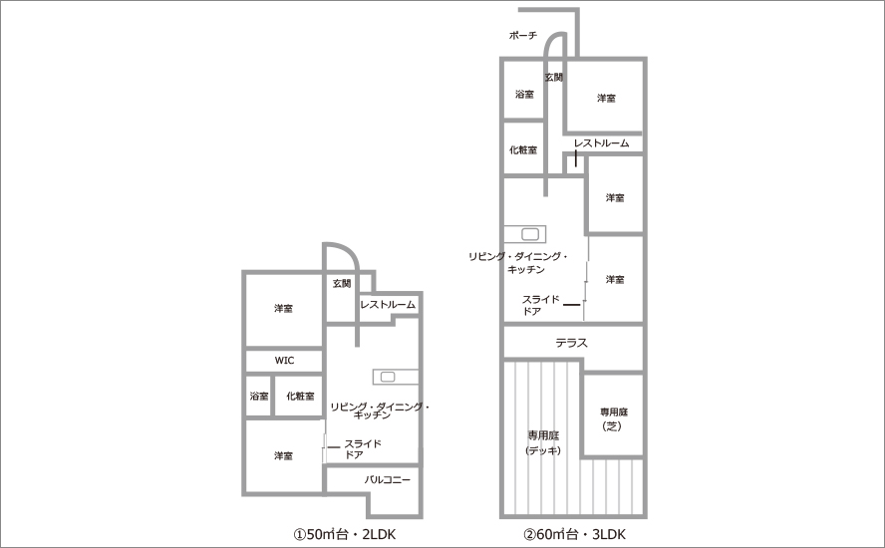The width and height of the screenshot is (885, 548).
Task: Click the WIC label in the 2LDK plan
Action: [284, 361]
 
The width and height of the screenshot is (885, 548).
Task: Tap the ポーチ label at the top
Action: [523, 36]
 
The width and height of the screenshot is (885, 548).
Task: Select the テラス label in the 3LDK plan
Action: [572, 343]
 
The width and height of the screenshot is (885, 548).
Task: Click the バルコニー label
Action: [387, 479]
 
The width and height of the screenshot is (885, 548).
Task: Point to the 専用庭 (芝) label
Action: [614, 419]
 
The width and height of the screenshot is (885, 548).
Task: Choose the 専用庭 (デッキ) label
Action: [543, 442]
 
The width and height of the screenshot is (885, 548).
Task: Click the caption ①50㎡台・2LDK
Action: [344, 534]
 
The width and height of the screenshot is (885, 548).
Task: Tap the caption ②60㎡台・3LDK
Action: [575, 534]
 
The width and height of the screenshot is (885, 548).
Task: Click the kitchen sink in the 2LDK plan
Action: [388, 377]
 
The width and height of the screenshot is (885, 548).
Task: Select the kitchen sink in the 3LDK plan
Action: [530, 234]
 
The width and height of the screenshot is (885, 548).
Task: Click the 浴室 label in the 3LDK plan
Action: [525, 95]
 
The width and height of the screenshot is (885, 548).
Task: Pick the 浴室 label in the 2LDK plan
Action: [259, 397]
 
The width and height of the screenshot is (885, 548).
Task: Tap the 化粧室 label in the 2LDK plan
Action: [300, 397]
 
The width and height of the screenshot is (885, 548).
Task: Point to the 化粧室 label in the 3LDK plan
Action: [523, 150]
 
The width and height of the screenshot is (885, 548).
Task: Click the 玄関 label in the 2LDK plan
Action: [342, 283]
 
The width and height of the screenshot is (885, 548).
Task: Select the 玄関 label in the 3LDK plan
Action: [554, 77]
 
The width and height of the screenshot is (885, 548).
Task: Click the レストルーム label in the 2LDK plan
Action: [388, 305]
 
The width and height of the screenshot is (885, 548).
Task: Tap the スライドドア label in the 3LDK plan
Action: [541, 305]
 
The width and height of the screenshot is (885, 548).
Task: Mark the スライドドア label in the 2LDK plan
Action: [363, 449]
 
